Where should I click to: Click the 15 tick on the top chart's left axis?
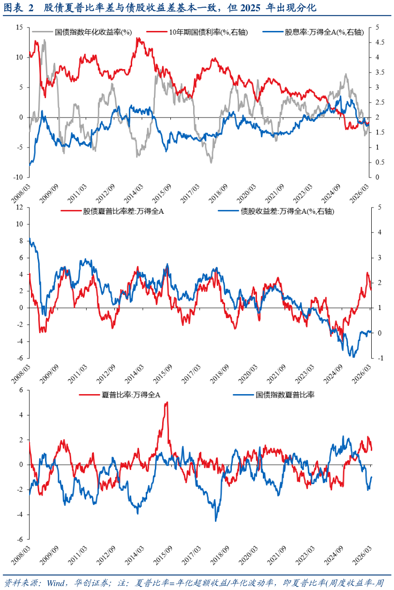pyautogui.click(x=19, y=28)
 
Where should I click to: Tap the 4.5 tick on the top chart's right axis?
pyautogui.click(x=380, y=43)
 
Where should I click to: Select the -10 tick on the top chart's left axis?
pyautogui.click(x=18, y=177)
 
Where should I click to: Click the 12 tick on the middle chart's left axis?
pyautogui.click(x=19, y=207)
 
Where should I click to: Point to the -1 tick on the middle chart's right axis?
pyautogui.click(x=380, y=358)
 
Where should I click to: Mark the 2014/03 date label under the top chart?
pyautogui.click(x=134, y=193)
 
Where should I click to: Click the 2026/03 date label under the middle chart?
pyautogui.click(x=362, y=374)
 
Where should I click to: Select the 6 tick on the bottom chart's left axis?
pyautogui.click(x=21, y=390)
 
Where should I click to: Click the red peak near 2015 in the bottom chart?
pyautogui.click(x=167, y=402)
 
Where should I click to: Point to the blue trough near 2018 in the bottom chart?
pyautogui.click(x=216, y=521)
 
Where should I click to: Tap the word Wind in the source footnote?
pyautogui.click(x=55, y=583)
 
